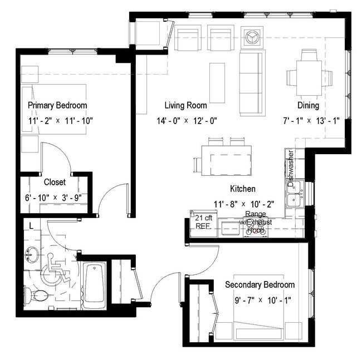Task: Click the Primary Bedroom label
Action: [57, 105]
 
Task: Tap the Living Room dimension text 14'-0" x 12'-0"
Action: [185, 120]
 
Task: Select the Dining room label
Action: [308, 105]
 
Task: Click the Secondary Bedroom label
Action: [260, 285]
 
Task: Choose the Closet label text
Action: [55, 182]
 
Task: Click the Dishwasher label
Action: [290, 165]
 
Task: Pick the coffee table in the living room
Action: [217, 82]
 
